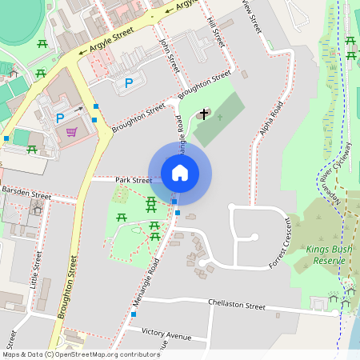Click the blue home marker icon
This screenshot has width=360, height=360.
tap(180, 173)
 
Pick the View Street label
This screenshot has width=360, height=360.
tap(254, 16)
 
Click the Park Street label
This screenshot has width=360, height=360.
tap(133, 181)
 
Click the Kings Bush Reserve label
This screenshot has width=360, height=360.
tap(329, 255)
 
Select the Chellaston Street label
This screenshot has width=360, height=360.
tap(236, 305)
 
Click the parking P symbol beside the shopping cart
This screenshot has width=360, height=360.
tap(59, 118)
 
